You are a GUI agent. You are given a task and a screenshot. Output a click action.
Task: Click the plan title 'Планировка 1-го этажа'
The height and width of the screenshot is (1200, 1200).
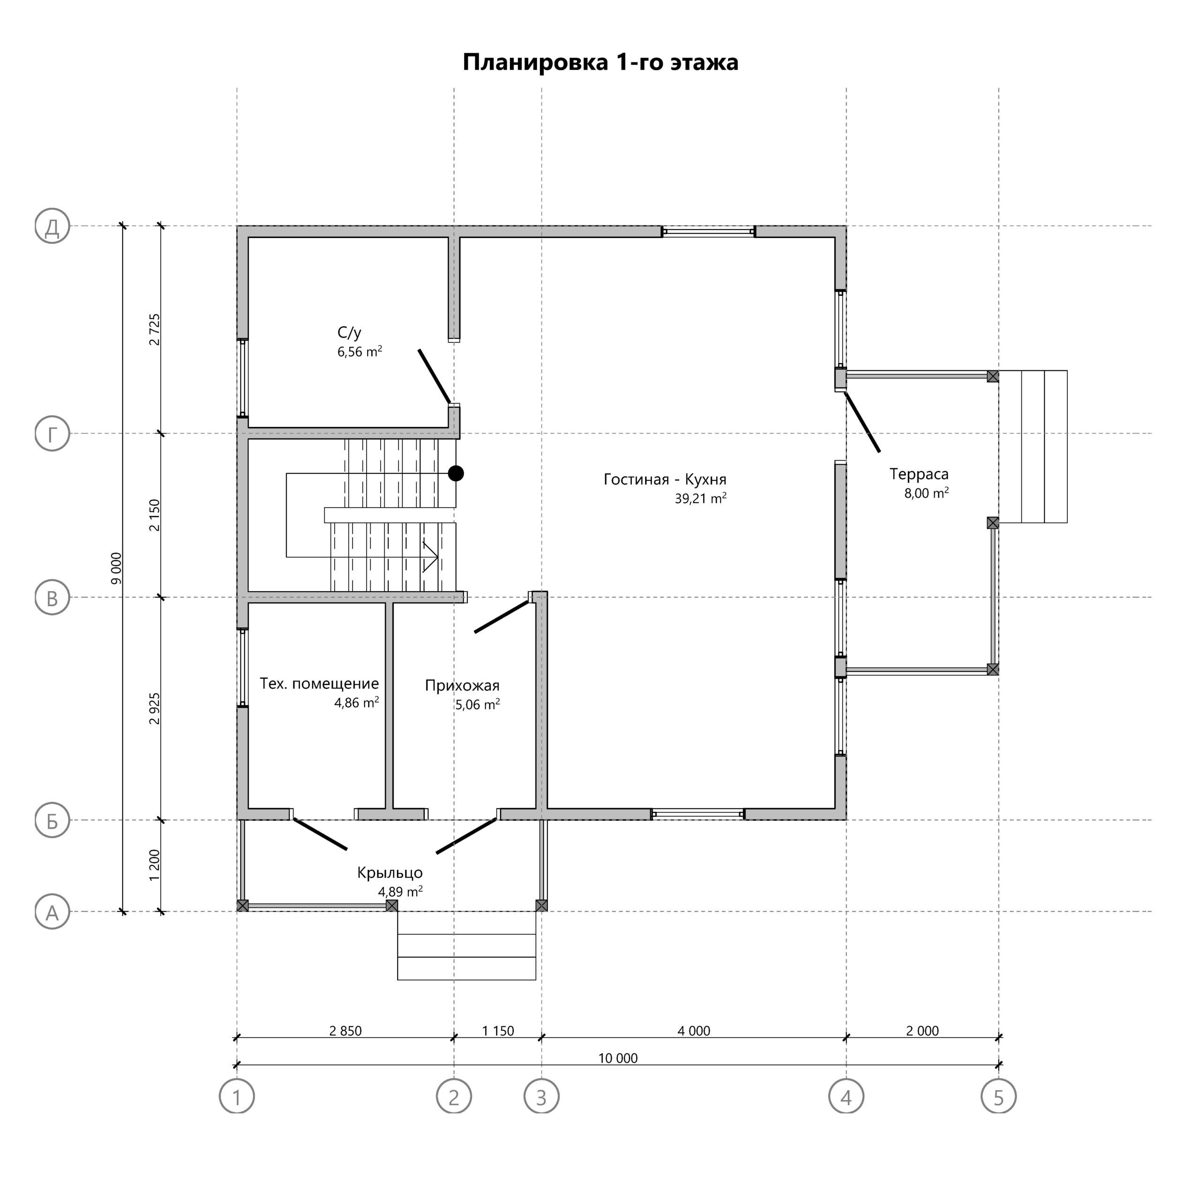tap(600, 63)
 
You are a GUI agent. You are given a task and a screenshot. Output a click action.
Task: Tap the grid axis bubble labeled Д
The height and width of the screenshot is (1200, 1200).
tap(52, 226)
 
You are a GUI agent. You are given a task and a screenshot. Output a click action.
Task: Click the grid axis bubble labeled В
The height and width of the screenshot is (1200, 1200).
tap(52, 598)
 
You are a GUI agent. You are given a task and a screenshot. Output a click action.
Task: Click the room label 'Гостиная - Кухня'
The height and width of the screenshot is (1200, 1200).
tap(665, 480)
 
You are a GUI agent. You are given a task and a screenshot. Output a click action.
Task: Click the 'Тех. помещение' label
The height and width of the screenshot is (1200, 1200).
tap(319, 684)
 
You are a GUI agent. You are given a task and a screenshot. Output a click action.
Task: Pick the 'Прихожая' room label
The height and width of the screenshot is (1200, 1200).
tap(462, 686)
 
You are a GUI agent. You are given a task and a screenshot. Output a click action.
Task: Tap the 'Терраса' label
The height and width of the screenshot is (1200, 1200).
tap(919, 474)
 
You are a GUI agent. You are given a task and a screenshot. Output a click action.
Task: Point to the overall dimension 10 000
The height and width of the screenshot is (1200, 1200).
tap(617, 1058)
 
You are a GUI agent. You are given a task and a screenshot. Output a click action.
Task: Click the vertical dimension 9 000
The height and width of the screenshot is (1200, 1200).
tap(116, 568)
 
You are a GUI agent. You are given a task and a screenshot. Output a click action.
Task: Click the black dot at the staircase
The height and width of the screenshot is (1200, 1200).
tap(456, 473)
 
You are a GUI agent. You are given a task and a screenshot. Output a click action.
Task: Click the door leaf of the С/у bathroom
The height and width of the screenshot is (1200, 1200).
tap(434, 376)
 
